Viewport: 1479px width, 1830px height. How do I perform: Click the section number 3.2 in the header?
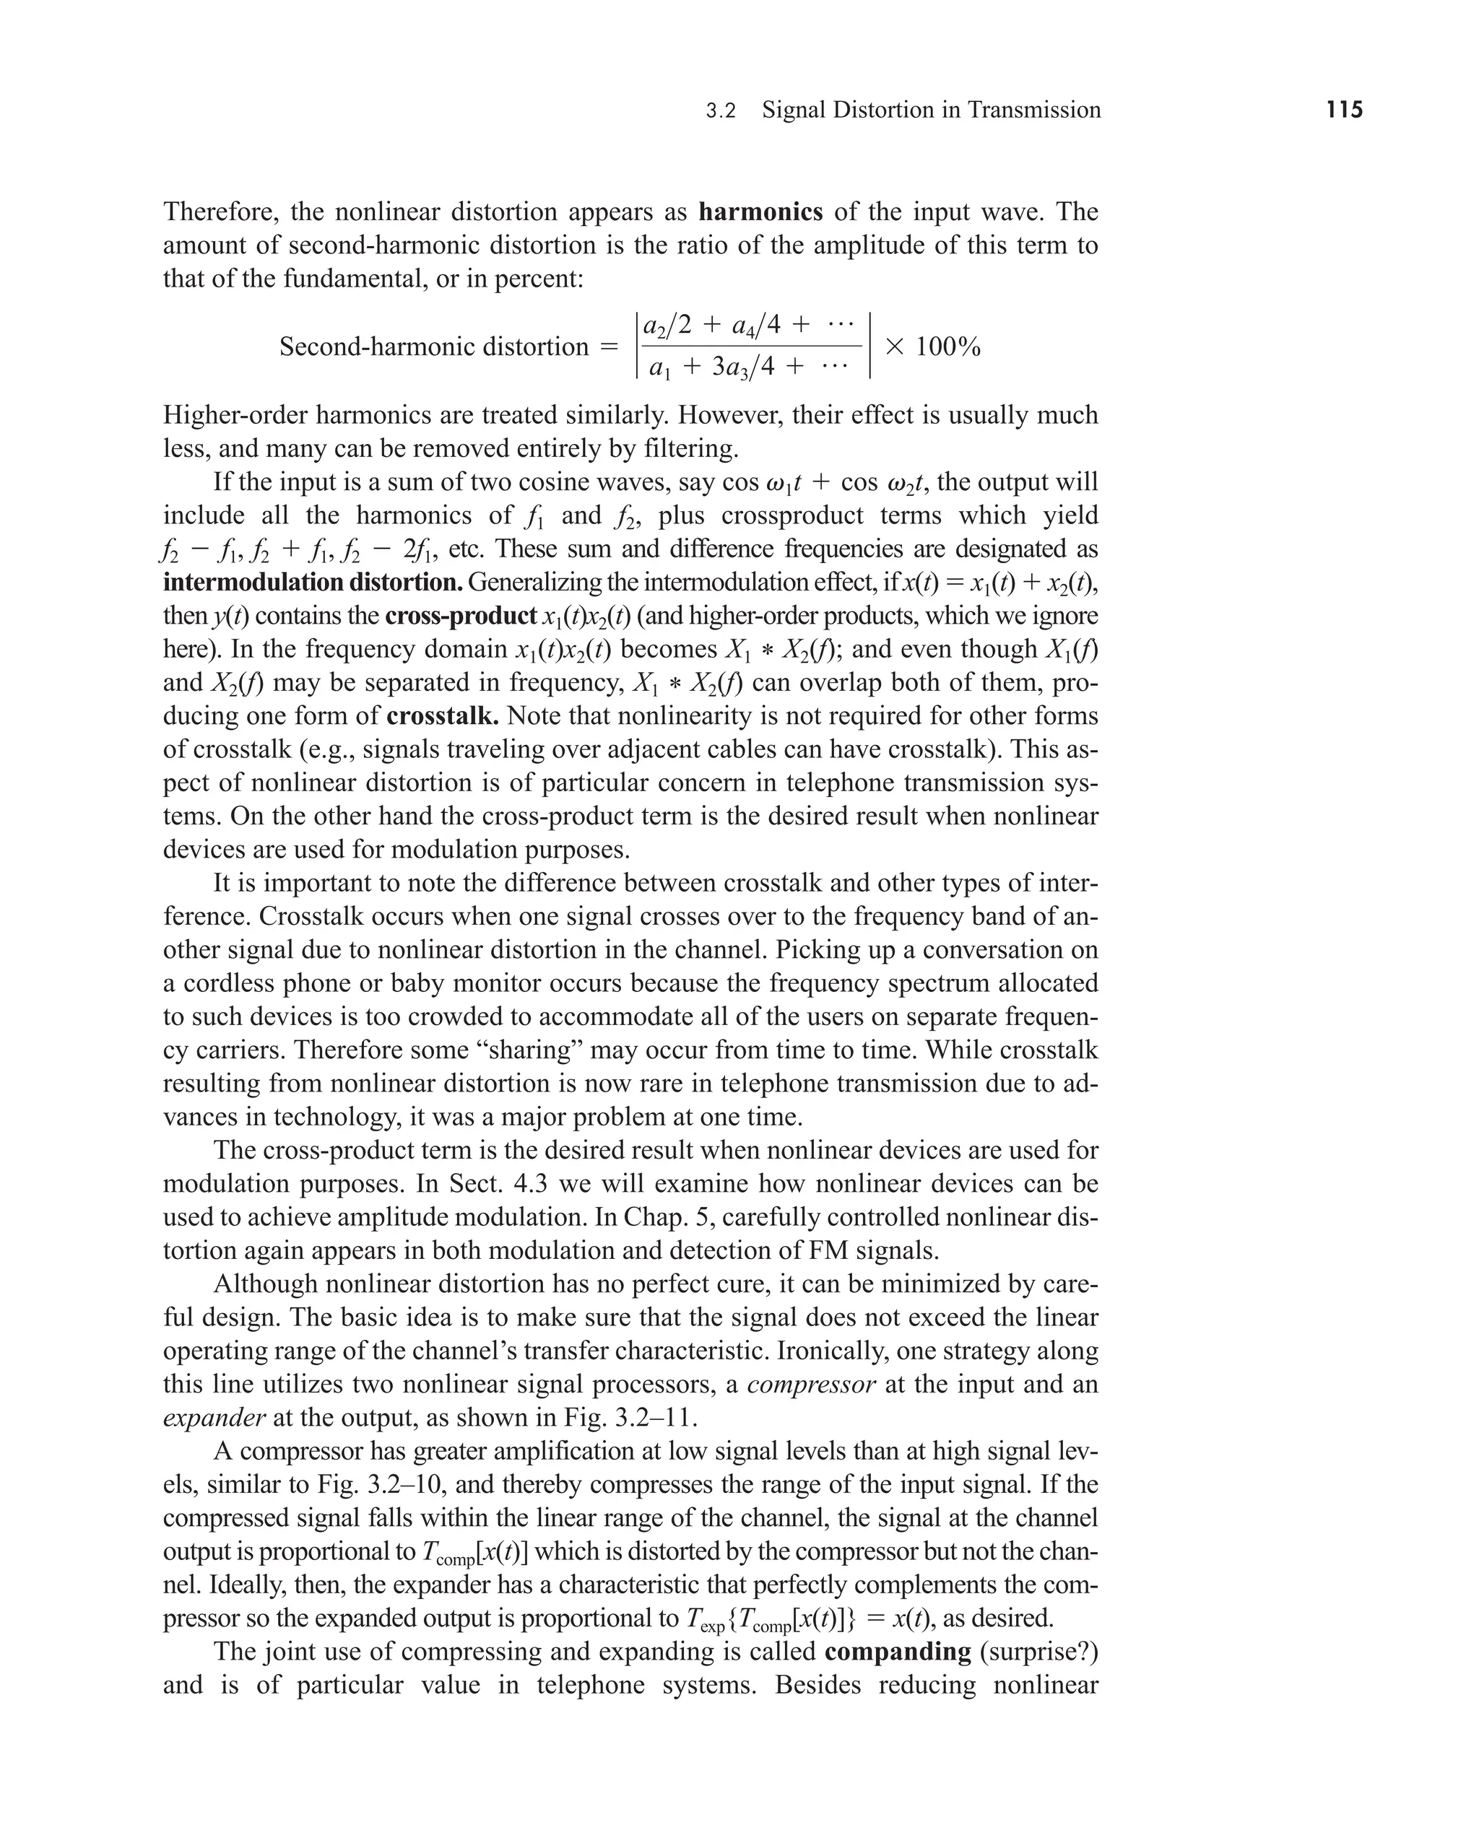(721, 110)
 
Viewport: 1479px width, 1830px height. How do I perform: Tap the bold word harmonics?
(760, 212)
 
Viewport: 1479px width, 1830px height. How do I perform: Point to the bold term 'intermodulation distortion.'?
(313, 583)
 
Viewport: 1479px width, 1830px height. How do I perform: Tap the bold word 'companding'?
(898, 1651)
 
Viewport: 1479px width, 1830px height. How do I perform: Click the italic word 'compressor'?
(811, 1384)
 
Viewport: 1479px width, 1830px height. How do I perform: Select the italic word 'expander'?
(214, 1418)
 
